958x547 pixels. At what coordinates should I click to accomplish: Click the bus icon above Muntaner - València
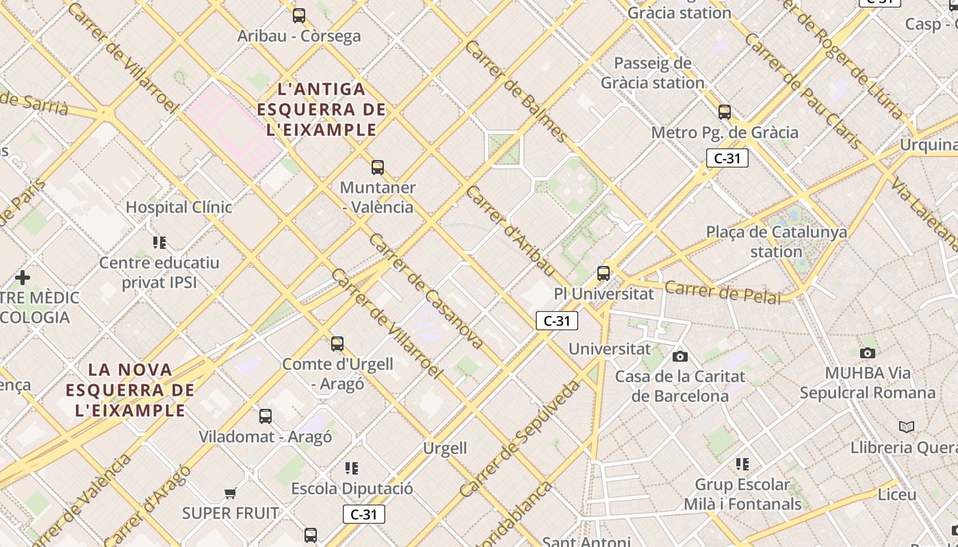tap(377, 167)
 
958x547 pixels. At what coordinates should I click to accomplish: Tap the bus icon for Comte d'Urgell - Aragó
tap(337, 343)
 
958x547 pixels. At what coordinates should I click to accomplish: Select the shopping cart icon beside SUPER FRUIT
tap(230, 493)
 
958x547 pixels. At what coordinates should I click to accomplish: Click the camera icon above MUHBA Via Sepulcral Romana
tap(867, 353)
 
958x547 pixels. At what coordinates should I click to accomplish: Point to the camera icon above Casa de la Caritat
tap(679, 356)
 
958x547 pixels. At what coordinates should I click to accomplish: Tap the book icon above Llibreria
tap(906, 427)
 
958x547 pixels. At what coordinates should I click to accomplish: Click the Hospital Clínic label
tap(179, 207)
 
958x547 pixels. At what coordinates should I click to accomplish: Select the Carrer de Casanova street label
tap(426, 291)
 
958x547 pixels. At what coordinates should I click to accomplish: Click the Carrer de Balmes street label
tap(515, 91)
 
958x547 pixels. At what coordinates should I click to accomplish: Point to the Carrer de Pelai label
tap(722, 293)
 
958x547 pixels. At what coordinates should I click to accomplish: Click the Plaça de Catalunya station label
tap(776, 241)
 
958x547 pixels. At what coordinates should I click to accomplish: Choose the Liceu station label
tap(896, 494)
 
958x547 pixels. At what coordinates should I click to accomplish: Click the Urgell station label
tap(445, 449)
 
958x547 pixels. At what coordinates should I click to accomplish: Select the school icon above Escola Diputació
tap(352, 468)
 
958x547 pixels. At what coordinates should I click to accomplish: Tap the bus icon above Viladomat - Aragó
tap(265, 416)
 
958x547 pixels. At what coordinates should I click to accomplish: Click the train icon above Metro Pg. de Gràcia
tap(724, 112)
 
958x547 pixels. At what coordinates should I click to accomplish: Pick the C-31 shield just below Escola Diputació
tap(363, 514)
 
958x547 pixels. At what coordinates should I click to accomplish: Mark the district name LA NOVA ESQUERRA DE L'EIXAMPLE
tap(131, 390)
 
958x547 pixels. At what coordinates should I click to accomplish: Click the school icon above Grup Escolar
tap(742, 464)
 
